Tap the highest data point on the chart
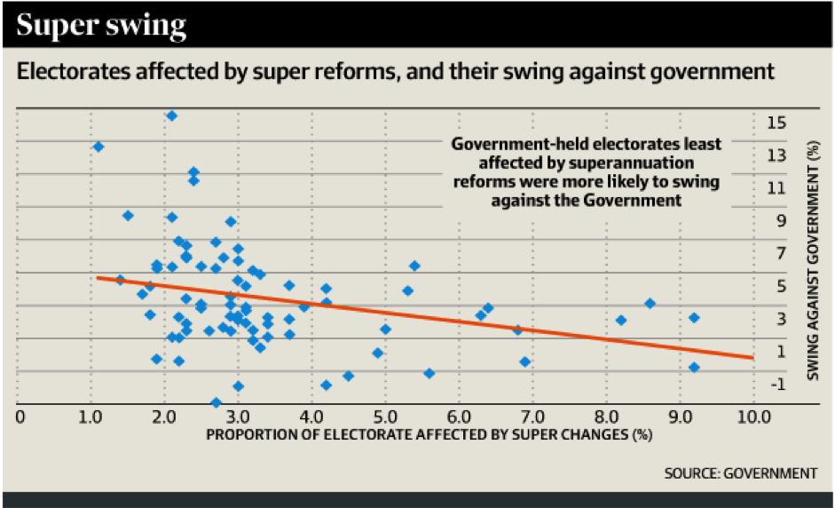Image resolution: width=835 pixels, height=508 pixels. pyautogui.click(x=172, y=115)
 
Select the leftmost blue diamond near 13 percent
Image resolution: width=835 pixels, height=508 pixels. pyautogui.click(x=98, y=147)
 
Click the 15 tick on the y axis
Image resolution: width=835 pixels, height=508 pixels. pyautogui.click(x=776, y=123)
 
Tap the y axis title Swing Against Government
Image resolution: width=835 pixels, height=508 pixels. pyautogui.click(x=815, y=263)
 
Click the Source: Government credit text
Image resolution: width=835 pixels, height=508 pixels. pyautogui.click(x=740, y=473)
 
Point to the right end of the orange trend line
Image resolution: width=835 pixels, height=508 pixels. pyautogui.click(x=752, y=357)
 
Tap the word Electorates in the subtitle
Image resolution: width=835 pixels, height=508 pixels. pyautogui.click(x=68, y=71)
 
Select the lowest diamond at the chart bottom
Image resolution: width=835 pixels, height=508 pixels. pyautogui.click(x=216, y=402)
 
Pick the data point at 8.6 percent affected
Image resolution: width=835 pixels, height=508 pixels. pyautogui.click(x=650, y=303)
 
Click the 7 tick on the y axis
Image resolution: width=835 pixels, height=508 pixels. pyautogui.click(x=776, y=254)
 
